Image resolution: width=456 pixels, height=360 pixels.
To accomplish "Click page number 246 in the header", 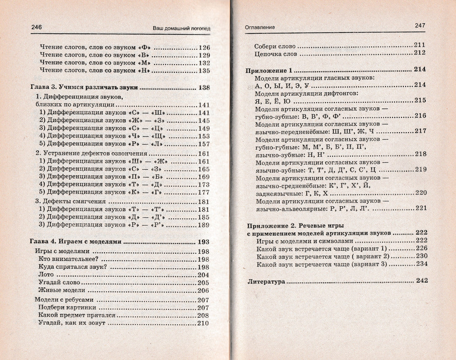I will (x=37, y=27).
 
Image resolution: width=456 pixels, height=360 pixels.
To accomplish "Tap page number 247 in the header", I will (x=420, y=25).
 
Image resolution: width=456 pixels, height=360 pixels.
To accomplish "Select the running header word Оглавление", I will (x=260, y=27).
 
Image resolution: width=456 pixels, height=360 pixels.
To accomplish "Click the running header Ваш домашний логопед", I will (x=182, y=28).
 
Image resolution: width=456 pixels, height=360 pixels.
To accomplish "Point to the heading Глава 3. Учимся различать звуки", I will (x=84, y=88).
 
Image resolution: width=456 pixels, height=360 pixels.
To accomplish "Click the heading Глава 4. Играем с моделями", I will (x=76, y=242).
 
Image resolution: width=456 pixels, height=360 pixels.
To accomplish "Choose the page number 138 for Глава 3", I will (x=203, y=88).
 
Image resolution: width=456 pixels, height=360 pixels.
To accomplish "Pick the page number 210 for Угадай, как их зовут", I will (x=203, y=323).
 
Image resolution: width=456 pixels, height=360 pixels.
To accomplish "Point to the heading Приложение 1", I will (x=269, y=70).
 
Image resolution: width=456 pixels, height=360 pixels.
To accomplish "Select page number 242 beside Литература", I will (x=421, y=280).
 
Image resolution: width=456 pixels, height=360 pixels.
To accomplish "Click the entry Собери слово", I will (x=275, y=46).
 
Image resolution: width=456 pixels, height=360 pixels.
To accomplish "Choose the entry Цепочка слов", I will (x=276, y=54).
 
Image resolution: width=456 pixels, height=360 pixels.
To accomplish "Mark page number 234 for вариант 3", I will (x=421, y=264).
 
